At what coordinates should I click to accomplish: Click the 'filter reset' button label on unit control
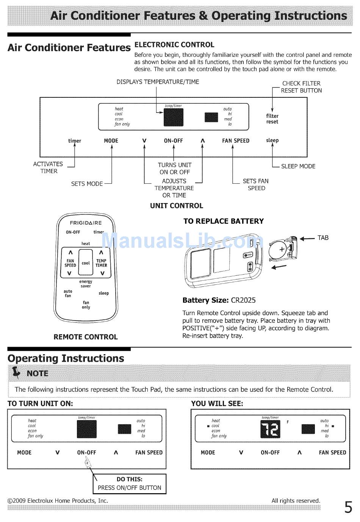click(272, 119)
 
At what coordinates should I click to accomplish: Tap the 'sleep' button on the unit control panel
click(272, 141)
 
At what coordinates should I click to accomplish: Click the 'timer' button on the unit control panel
click(75, 141)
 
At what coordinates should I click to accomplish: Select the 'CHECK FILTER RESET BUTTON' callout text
click(302, 87)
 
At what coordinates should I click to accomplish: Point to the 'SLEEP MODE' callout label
click(298, 166)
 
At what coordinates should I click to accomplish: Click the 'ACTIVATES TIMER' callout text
click(48, 167)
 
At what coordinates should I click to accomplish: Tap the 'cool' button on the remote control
click(86, 263)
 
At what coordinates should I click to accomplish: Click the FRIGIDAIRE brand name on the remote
click(86, 223)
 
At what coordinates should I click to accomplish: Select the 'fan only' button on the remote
click(86, 305)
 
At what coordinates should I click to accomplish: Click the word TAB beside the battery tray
click(323, 238)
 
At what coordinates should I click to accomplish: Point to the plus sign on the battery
click(282, 250)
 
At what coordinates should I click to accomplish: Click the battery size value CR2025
click(243, 300)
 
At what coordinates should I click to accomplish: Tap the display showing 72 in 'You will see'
click(270, 430)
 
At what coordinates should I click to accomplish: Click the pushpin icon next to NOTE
click(16, 373)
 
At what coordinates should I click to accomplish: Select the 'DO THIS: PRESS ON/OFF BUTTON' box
click(130, 484)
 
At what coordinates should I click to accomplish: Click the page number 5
click(348, 506)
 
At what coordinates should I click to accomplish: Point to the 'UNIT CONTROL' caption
click(177, 206)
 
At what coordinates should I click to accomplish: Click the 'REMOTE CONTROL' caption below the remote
click(86, 337)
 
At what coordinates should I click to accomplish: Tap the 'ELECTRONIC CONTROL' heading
click(174, 45)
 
